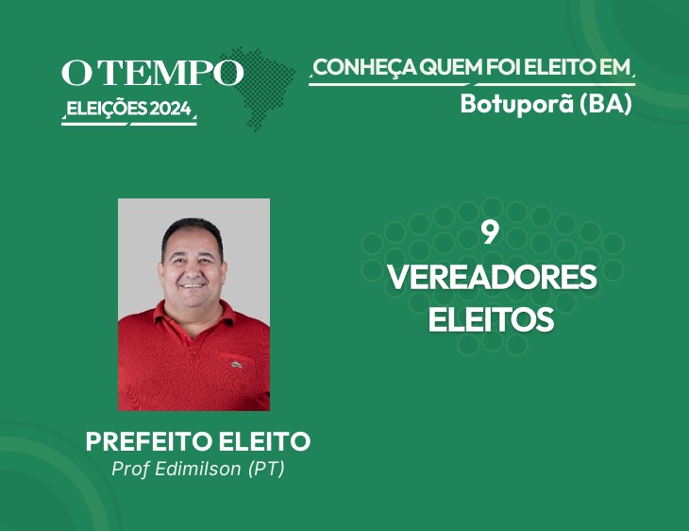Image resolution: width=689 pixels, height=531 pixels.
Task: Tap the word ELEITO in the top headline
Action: click(555, 67)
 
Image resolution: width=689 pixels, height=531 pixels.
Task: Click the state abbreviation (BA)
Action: click(606, 104)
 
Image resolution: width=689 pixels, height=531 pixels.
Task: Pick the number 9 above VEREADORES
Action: click(490, 232)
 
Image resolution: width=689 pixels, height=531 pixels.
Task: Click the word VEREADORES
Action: click(492, 277)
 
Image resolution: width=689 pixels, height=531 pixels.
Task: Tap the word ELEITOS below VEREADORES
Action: click(491, 319)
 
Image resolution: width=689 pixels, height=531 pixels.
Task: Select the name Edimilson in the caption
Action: click(198, 469)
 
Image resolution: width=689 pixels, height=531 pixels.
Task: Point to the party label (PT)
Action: click(267, 469)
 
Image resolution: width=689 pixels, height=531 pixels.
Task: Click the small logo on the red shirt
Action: click(237, 365)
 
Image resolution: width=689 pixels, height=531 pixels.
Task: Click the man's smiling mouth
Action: click(193, 285)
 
